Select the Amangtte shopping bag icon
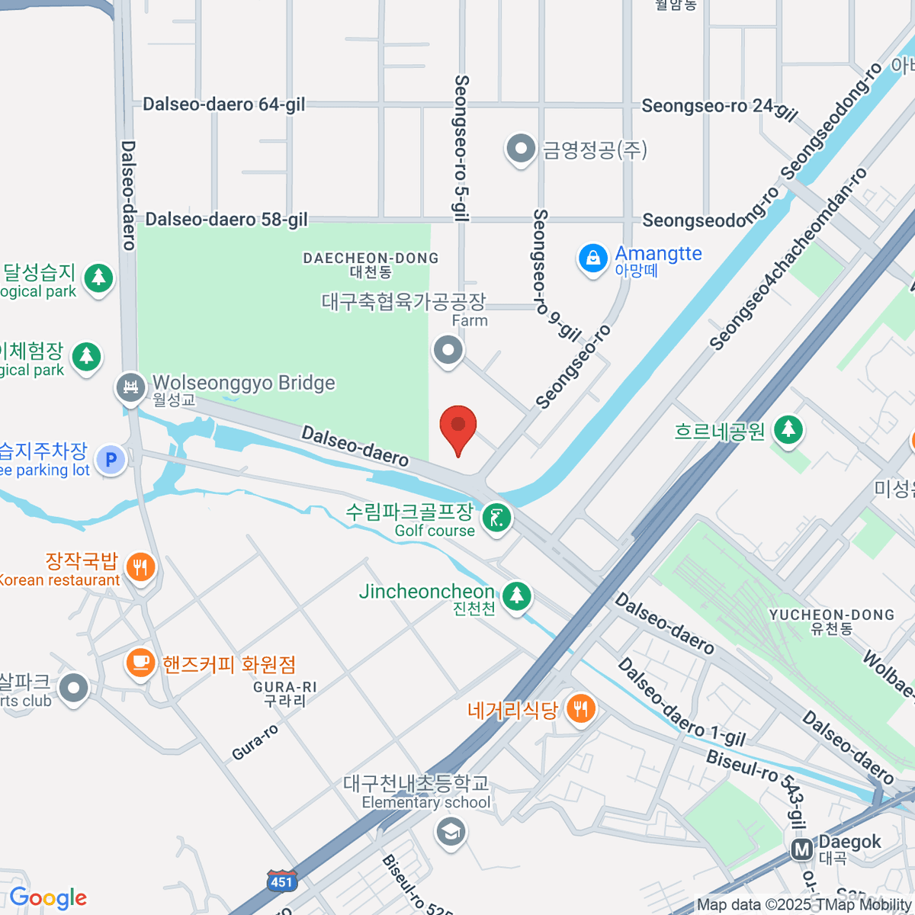(x=592, y=258)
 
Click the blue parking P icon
(x=111, y=460)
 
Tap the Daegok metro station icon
(x=801, y=849)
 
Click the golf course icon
(x=497, y=519)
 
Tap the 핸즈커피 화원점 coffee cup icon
(x=140, y=662)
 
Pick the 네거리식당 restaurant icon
(x=581, y=709)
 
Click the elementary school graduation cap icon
(x=451, y=830)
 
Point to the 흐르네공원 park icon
(x=788, y=429)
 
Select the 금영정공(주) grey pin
(x=521, y=148)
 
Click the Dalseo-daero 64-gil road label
(x=224, y=104)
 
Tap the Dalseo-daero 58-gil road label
(x=226, y=220)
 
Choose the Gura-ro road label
(x=255, y=742)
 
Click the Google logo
(x=48, y=898)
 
